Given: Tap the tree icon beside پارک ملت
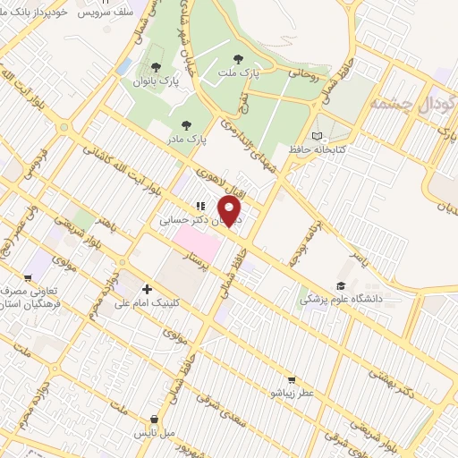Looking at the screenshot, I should pos(238,58).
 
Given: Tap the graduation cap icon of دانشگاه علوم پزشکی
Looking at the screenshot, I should pos(340,286).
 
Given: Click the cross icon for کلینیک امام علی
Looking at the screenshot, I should pos(147,289).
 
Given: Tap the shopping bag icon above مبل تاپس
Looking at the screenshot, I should pos(156,419).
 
